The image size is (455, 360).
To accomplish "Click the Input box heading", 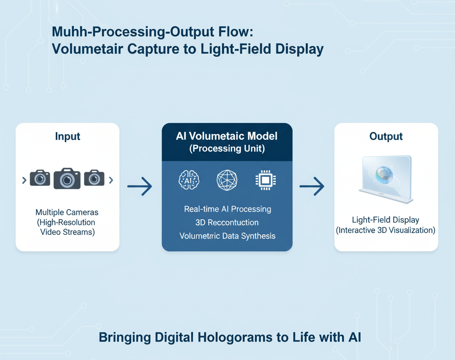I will coord(67,136).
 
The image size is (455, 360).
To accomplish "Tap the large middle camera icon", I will coord(67,178).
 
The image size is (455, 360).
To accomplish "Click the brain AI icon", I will coord(189,179).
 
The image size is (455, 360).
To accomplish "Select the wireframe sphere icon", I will coord(227,180).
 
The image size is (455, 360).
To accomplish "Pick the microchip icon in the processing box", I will coord(265,180).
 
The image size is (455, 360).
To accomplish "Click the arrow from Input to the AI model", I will coord(140,187).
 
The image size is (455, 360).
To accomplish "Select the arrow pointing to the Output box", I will coord(312,187).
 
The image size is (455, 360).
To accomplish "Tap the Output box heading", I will coord(386,137).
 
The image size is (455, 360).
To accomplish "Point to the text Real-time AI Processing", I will coord(227,209).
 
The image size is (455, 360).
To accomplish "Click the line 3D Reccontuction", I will coord(227,222).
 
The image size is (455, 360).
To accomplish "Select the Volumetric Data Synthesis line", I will coord(227,236).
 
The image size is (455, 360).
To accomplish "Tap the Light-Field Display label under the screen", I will coord(385,220).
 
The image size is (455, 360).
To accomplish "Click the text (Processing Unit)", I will coord(227,149).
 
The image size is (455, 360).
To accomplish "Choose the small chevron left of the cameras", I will coord(24,180).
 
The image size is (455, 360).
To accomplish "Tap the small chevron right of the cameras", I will coord(111,180).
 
